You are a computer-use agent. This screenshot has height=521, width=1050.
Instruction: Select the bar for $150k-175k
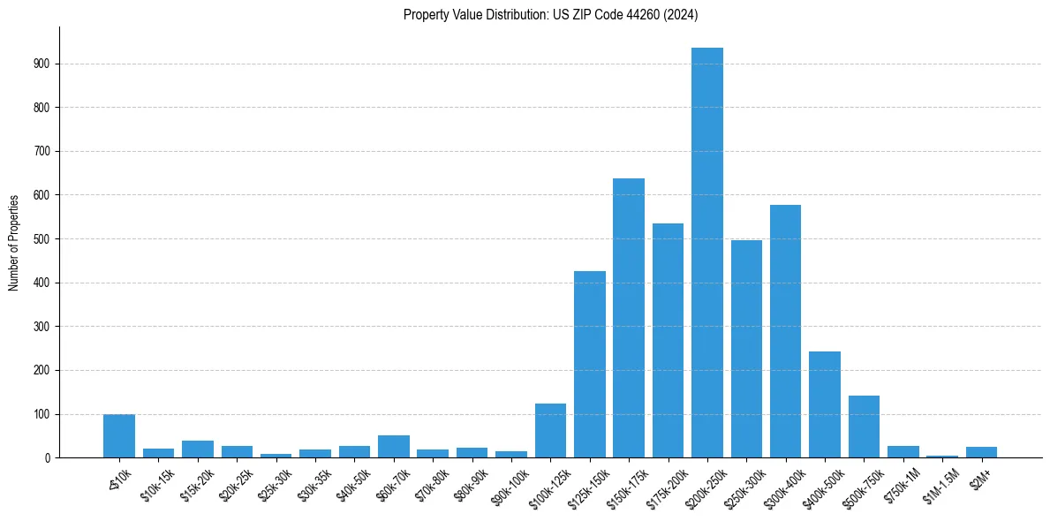(629, 318)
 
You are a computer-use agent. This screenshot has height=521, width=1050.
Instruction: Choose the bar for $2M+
(981, 452)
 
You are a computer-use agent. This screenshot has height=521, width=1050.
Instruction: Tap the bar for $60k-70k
(394, 447)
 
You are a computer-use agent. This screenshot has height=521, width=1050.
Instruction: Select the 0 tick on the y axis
(48, 457)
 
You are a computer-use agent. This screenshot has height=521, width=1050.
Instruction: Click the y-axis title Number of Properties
(13, 242)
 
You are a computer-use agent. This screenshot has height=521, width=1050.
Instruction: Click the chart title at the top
(550, 14)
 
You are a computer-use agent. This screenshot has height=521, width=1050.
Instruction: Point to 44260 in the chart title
(649, 14)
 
